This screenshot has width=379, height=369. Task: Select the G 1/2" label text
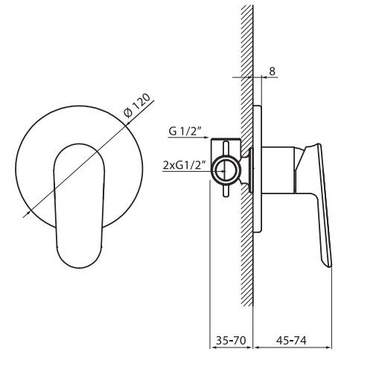[x=184, y=132]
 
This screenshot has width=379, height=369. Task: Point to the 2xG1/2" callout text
[x=183, y=167]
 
